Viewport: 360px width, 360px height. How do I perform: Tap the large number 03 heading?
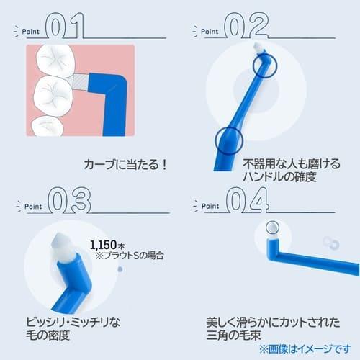point(68,201)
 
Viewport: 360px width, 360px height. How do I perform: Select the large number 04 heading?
point(247,199)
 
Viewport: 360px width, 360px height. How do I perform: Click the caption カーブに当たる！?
point(123,164)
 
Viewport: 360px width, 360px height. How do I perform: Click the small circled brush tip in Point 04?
point(271,228)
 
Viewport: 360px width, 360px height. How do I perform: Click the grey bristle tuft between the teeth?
point(78,85)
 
